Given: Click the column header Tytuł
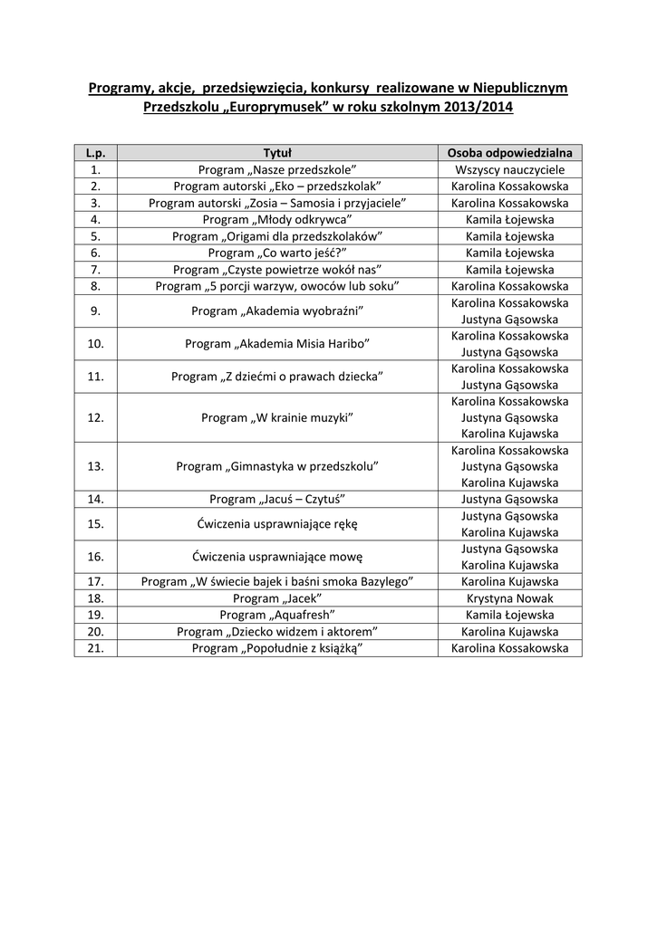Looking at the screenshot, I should pos(276,153).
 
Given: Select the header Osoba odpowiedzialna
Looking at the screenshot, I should pos(509,153).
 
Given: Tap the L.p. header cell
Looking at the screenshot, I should pos(96,153).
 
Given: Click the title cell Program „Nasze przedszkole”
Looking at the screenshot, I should pos(276,169).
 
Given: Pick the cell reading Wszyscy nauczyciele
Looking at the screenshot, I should pos(509,169).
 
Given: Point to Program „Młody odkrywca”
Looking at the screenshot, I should pos(276,219).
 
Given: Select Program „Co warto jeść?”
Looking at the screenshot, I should pos(276,253).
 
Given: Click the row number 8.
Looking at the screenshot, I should pos(96,286).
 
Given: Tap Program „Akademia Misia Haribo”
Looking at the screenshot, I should pos(276,344).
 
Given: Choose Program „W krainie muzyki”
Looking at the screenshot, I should pos(276,417).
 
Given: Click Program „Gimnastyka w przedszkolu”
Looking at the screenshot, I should pos(276,466).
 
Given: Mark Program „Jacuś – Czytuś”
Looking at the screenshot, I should pos(276,499).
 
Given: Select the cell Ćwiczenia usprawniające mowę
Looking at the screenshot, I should pos(276,557).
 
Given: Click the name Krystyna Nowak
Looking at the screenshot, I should pos(509,598).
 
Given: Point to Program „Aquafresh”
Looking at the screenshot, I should pos(276,615).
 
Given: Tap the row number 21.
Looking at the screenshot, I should pos(96,648).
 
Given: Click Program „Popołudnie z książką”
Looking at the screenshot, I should pos(276,648).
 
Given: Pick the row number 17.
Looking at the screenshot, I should pos(96,581).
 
